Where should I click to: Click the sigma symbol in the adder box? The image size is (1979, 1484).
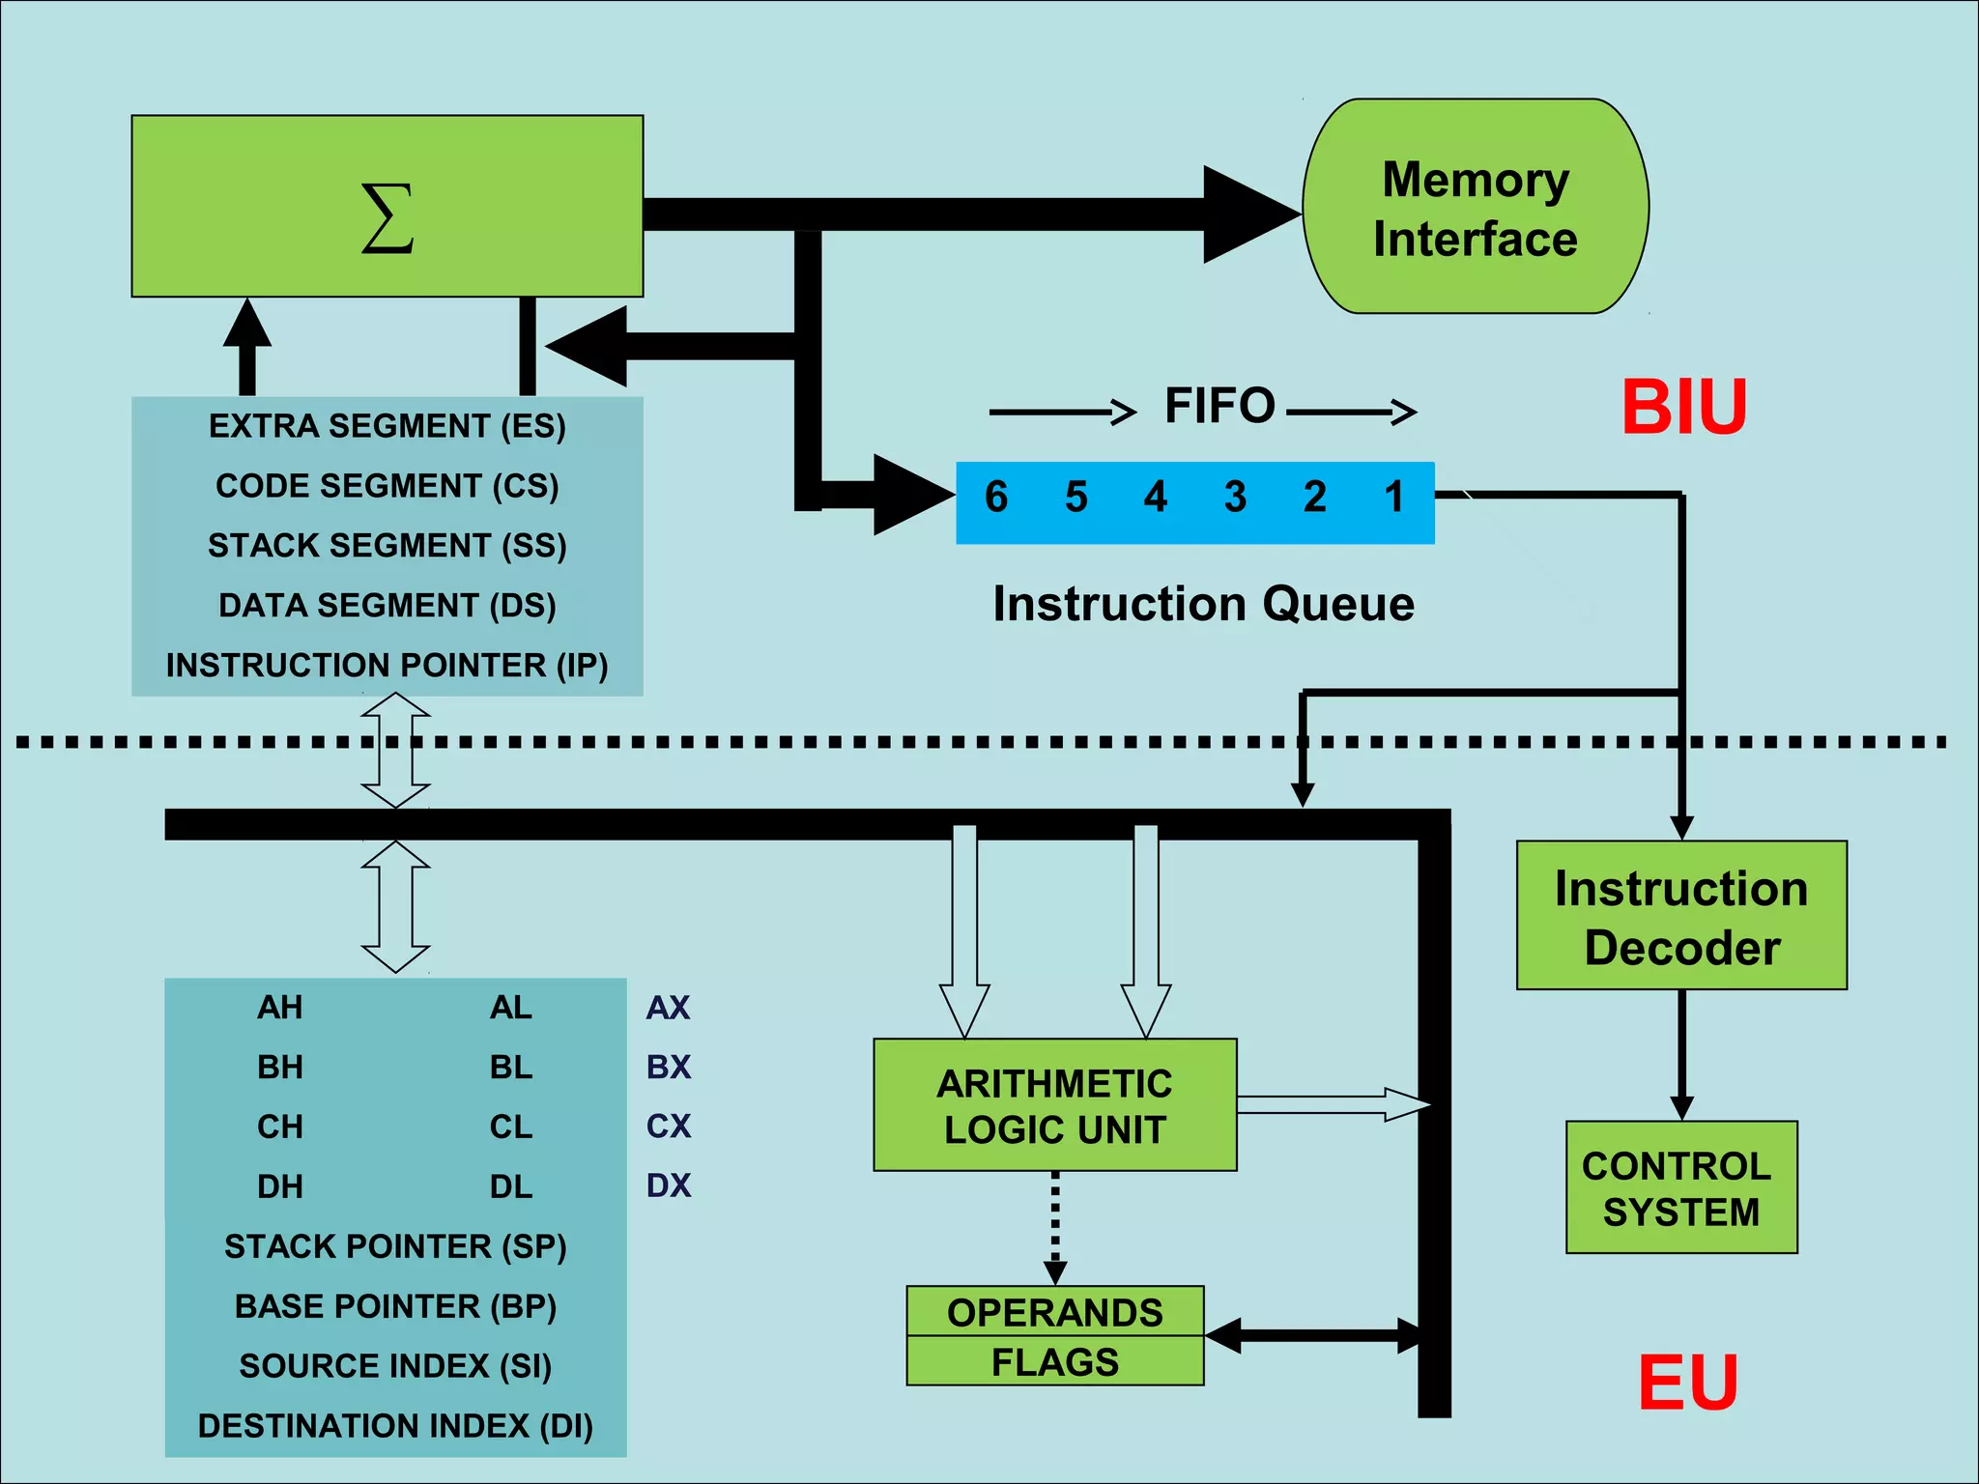387,218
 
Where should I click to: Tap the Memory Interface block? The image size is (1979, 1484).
1476,207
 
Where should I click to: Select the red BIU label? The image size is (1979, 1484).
1683,408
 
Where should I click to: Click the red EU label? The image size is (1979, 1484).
1688,1383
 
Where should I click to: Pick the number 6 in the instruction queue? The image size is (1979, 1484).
996,498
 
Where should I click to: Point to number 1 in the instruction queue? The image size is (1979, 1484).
1393,498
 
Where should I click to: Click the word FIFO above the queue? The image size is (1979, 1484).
1219,406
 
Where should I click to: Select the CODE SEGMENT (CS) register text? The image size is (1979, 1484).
387,485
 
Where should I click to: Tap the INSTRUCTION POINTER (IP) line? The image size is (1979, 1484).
387,665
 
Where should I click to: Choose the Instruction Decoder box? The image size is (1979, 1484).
1681,916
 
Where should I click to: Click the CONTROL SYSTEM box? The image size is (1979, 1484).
1681,1187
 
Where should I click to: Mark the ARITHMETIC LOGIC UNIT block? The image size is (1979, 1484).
1054,1105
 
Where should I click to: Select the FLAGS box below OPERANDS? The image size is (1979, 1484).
1054,1361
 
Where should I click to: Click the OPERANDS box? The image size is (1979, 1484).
1054,1312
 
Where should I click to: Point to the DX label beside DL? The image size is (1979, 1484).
669,1185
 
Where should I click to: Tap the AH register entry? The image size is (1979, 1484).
280,1008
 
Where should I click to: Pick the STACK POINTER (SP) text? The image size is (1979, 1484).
395,1246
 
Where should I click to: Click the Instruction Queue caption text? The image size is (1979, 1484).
1203,605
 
